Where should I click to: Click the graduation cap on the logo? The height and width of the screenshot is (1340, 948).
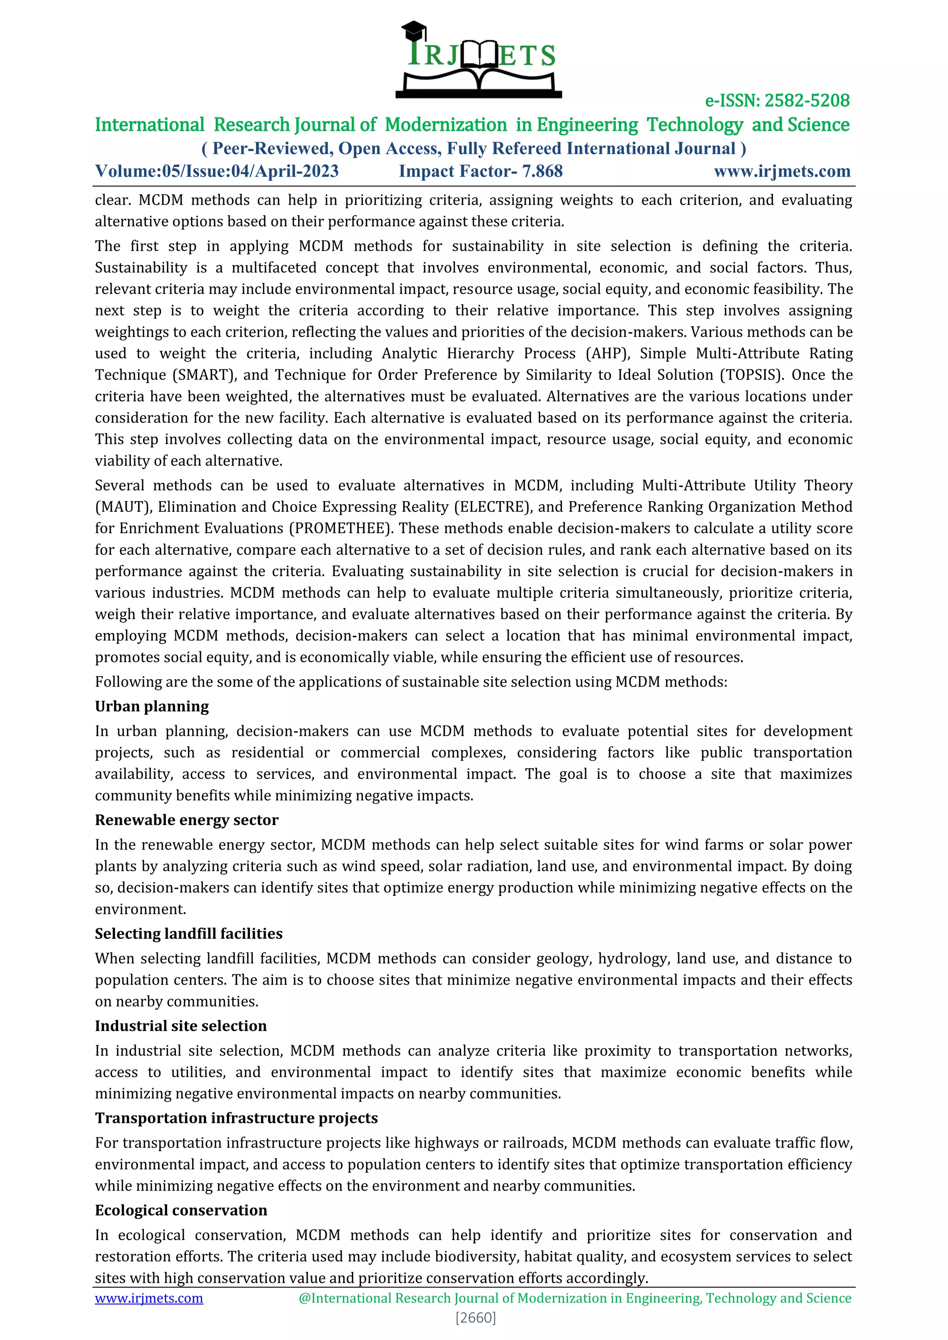tap(414, 29)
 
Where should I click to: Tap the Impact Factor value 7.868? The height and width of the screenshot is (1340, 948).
tap(543, 171)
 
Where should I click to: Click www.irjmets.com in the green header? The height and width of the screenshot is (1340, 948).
tap(782, 171)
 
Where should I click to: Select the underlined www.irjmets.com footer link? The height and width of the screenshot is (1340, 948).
tap(149, 1298)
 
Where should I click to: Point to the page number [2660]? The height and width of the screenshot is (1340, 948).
tap(475, 1317)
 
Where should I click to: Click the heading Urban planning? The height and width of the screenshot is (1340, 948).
tap(152, 706)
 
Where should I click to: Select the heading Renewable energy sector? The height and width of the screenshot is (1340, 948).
tap(187, 820)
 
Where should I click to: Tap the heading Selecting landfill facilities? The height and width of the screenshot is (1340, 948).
tap(188, 934)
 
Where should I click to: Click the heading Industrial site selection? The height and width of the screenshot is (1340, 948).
tap(181, 1026)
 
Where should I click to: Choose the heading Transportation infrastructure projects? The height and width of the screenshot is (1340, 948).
tap(237, 1118)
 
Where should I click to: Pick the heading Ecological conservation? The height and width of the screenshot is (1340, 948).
tap(181, 1210)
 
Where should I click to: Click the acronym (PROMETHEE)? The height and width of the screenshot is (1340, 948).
tap(341, 529)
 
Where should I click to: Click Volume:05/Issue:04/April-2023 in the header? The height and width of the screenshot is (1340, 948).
tap(217, 171)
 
